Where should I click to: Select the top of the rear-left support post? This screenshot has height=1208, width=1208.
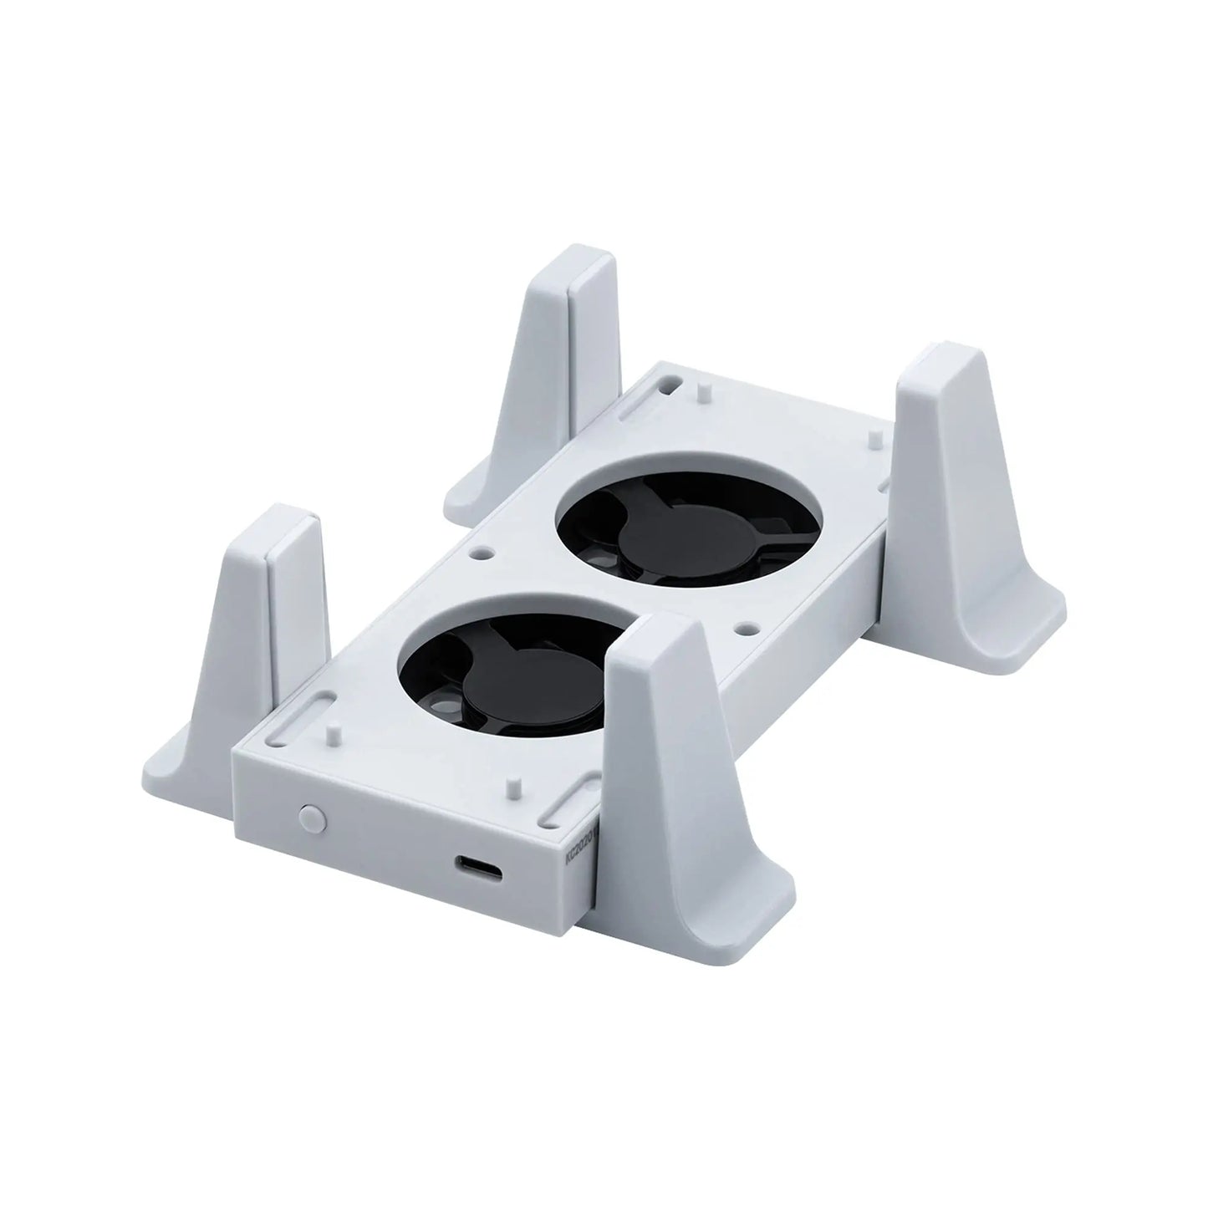tap(570, 258)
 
